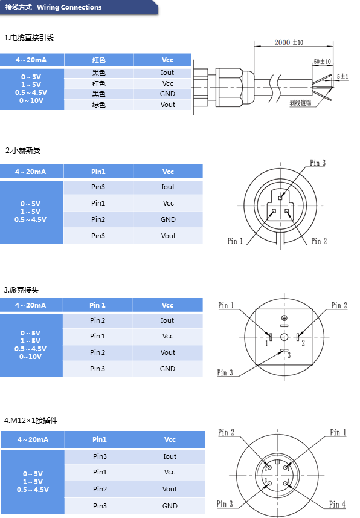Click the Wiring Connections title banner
pos(79,7)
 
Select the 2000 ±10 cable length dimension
pos(289,42)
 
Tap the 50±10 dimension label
pos(322,62)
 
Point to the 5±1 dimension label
pos(342,76)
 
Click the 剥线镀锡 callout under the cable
pos(300,103)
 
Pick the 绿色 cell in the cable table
pos(98,105)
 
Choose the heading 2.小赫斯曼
pos(23,151)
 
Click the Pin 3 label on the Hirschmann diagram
pos(317,163)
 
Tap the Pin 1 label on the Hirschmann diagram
pos(235,241)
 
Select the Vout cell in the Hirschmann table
pos(168,236)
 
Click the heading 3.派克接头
pos(21,290)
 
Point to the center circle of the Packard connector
pos(284,337)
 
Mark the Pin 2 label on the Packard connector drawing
pos(339,305)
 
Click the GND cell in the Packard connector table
pos(167,369)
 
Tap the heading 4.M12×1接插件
pos(31,420)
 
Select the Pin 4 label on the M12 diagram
pos(337,504)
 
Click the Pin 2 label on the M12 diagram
pos(227,432)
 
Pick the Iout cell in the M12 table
pos(170,456)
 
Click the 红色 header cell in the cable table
pos(98,60)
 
